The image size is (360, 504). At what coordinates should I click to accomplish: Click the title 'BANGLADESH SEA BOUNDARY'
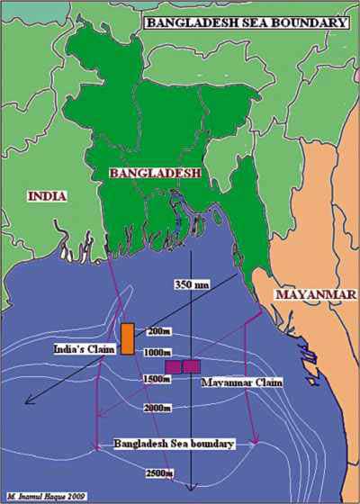(245, 21)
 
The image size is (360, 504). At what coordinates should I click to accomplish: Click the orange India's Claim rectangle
(128, 337)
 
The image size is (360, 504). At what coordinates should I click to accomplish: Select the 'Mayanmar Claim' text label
(241, 382)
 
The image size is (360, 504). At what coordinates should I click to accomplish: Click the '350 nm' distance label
(192, 284)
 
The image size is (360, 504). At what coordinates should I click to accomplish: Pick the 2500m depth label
(162, 473)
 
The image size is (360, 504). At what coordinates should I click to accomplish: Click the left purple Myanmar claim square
(174, 366)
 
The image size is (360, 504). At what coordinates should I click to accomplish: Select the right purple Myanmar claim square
(191, 366)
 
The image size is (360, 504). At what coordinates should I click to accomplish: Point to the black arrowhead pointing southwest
(30, 402)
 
